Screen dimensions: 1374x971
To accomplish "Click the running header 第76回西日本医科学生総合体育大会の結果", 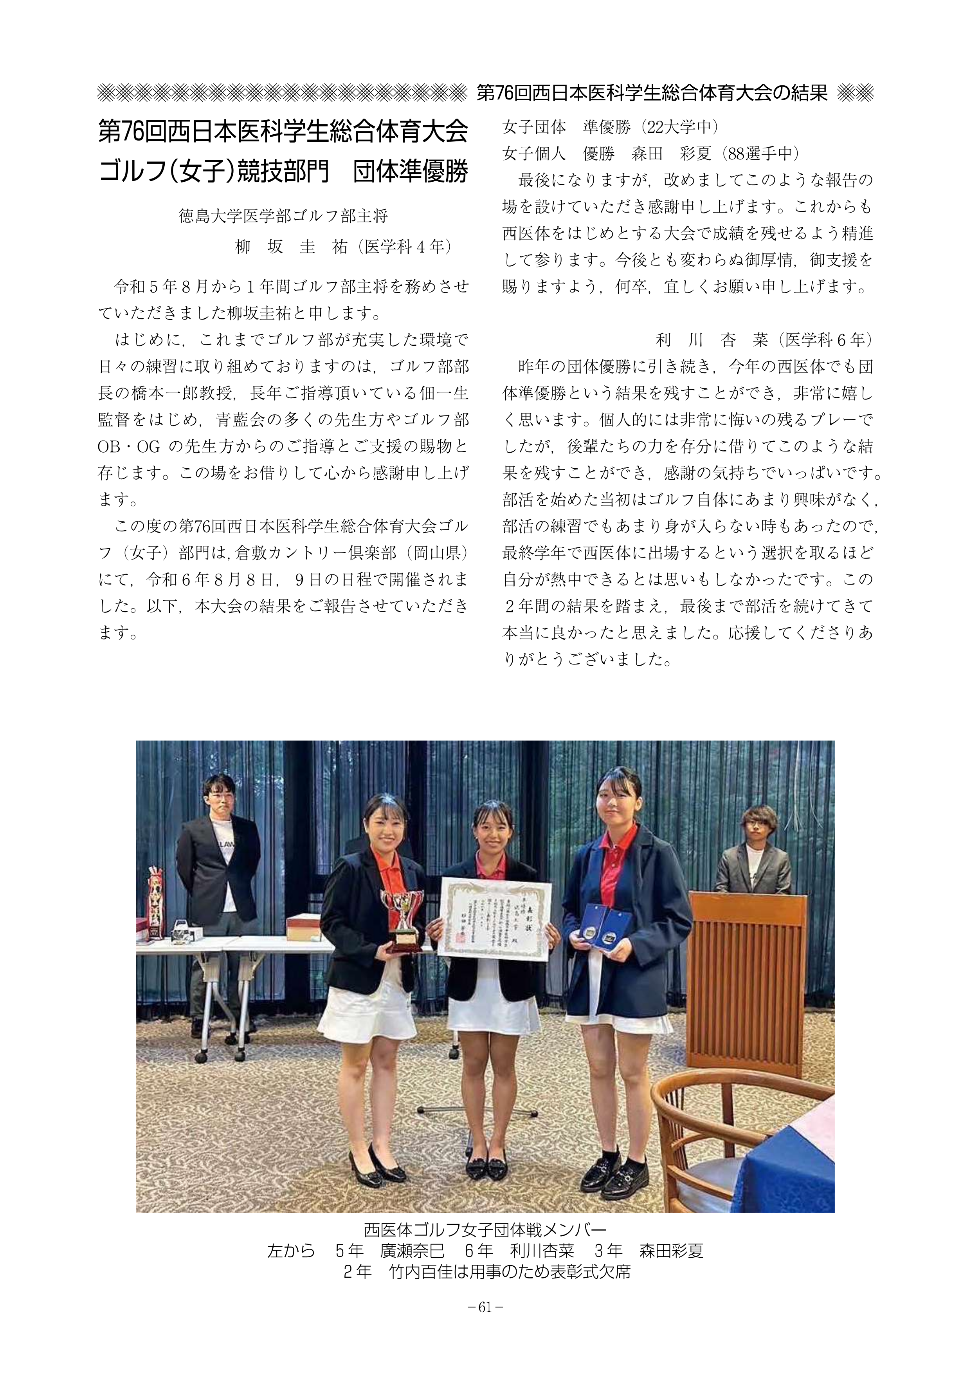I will [652, 93].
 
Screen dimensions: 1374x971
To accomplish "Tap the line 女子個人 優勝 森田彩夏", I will [650, 154].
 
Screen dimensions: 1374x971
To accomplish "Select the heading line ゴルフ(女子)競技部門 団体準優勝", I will [283, 172].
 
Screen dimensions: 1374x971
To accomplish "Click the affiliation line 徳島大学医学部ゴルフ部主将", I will [284, 215].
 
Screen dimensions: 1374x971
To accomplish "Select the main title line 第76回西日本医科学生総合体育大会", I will [283, 132].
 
